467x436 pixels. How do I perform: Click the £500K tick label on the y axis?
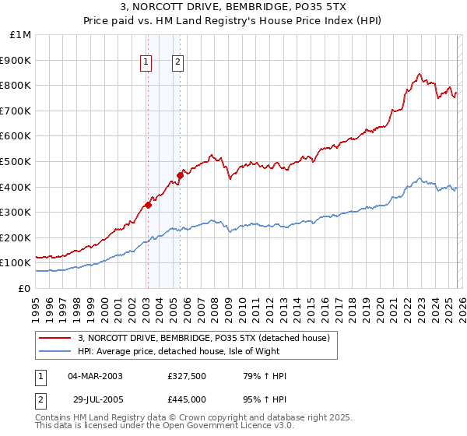pyautogui.click(x=16, y=161)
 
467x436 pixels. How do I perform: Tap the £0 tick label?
pyautogui.click(x=25, y=288)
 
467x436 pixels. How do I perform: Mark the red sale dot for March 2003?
pyautogui.click(x=148, y=206)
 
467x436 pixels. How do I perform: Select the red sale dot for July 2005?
pyautogui.click(x=180, y=175)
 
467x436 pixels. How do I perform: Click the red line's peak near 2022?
pyautogui.click(x=419, y=75)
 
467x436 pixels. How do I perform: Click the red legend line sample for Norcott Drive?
pyautogui.click(x=56, y=338)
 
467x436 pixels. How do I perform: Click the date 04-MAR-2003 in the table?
pyautogui.click(x=95, y=376)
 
